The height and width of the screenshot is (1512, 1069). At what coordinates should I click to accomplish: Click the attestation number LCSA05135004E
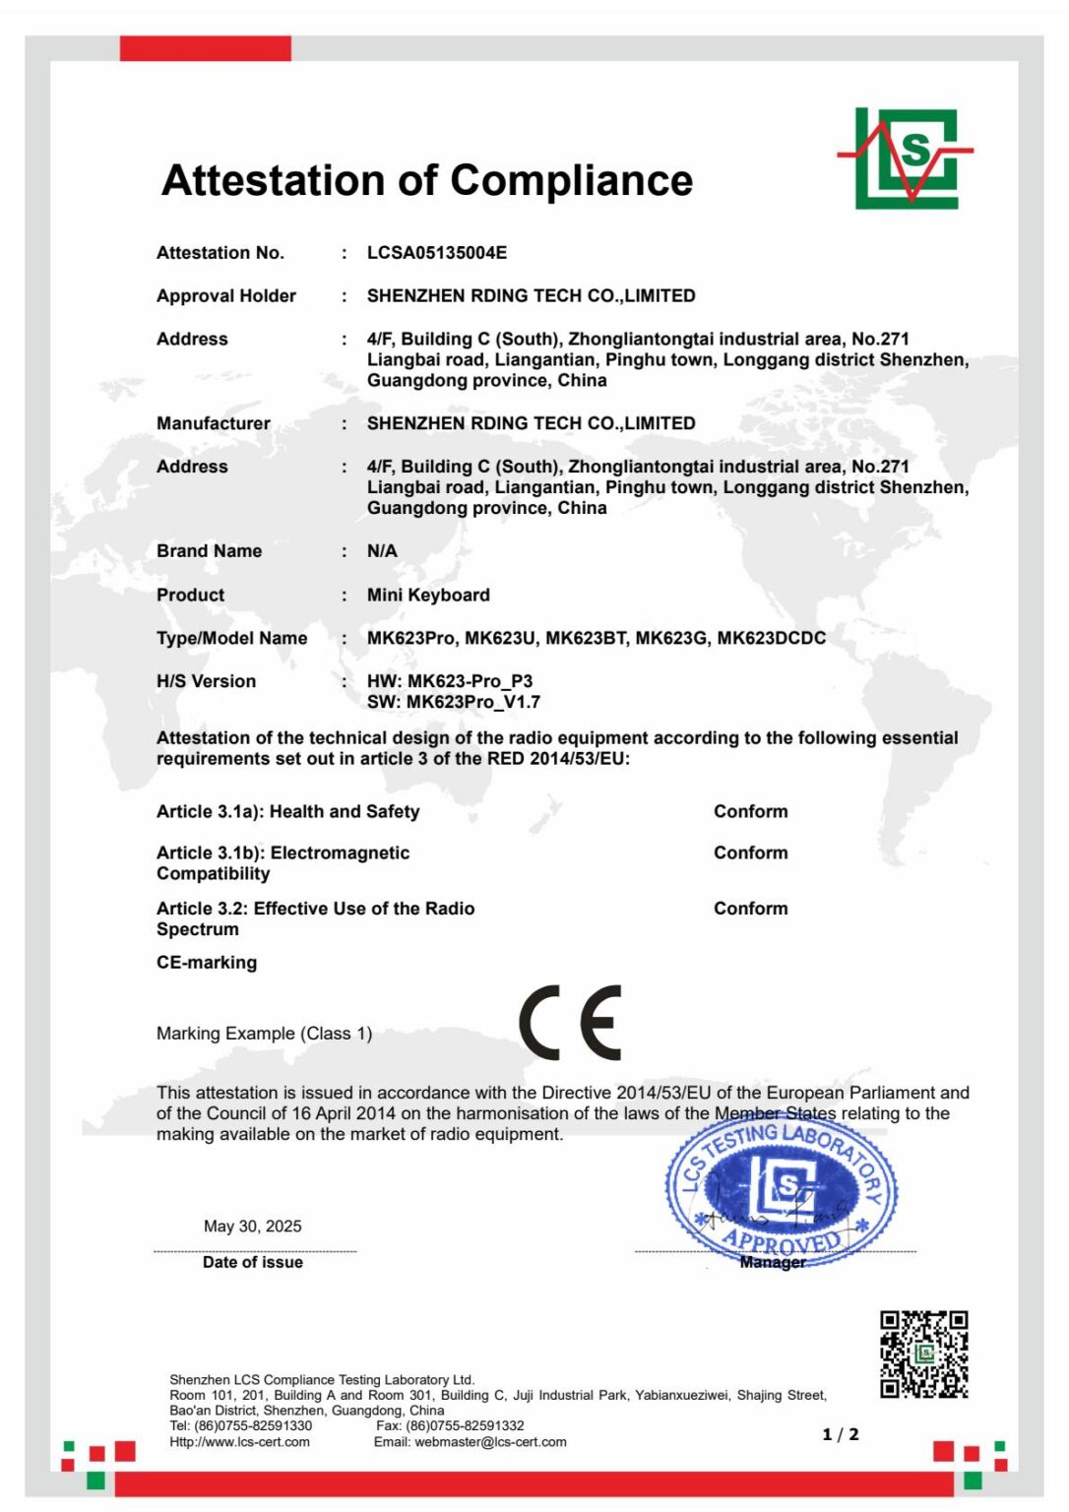437,253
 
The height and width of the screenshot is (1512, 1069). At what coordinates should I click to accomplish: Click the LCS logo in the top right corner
907,157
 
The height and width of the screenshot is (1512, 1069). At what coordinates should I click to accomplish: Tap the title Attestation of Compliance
427,180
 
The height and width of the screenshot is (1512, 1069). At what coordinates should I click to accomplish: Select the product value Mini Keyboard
428,595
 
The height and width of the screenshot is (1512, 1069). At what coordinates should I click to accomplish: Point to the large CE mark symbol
571,1023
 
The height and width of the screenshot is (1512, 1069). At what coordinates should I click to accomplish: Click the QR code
923,1354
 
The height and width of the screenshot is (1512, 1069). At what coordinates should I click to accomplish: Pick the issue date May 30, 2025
253,1226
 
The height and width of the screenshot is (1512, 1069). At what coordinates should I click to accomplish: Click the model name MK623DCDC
771,638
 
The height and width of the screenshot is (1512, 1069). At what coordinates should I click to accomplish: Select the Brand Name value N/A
382,551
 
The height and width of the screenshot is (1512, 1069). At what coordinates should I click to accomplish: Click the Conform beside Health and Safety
750,811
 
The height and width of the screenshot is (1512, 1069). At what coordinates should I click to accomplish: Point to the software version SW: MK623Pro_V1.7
454,702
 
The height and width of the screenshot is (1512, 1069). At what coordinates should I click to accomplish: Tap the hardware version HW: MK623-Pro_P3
450,681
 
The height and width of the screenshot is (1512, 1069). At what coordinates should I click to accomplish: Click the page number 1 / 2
840,1434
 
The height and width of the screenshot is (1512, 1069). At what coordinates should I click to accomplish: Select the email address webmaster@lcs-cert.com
490,1442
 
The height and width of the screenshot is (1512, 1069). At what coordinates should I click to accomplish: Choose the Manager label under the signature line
773,1262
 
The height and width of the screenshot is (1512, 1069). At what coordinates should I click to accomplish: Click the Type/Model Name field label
231,638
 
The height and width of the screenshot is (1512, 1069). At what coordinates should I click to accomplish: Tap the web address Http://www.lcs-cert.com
239,1442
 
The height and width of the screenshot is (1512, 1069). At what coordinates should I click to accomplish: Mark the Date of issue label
253,1262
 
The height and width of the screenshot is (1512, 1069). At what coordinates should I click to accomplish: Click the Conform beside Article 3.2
750,909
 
